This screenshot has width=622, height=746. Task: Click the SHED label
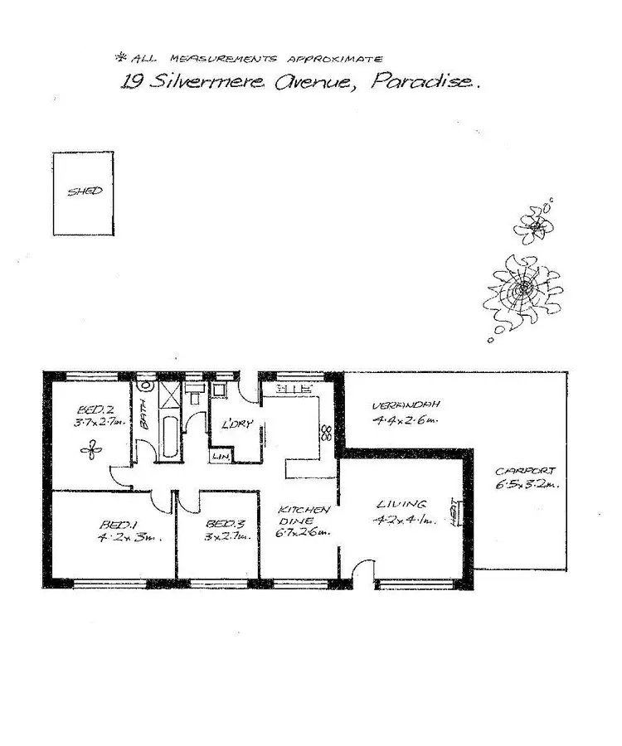[x=85, y=191]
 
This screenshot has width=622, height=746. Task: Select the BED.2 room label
[x=90, y=409]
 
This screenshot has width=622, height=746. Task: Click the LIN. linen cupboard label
[x=220, y=456]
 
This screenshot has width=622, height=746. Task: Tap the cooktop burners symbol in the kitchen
[x=326, y=432]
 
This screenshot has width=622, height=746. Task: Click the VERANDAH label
[x=393, y=405]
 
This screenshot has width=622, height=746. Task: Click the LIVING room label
[x=401, y=504]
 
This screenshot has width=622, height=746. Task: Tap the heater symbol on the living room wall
[x=453, y=513]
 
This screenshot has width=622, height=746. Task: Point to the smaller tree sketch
[x=532, y=221]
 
